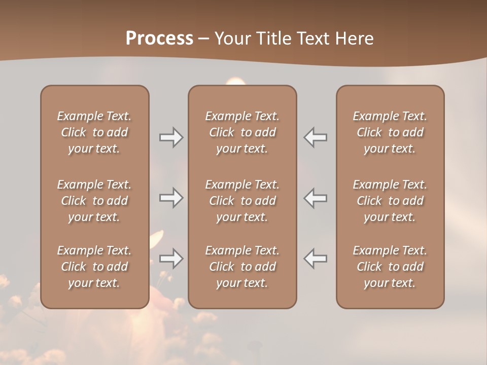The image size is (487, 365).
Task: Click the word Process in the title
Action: [159, 39]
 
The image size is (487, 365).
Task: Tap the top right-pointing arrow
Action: [171, 137]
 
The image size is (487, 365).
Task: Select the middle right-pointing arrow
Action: [171, 198]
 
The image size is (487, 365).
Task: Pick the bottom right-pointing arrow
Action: [171, 259]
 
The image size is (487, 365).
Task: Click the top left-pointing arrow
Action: [316, 137]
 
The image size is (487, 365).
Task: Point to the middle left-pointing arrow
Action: [316, 198]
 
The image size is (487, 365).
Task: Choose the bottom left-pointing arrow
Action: [316, 259]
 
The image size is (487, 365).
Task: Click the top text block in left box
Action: [94, 132]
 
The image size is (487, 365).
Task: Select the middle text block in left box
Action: [94, 201]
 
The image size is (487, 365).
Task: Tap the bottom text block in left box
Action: [94, 267]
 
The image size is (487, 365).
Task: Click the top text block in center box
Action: [242, 132]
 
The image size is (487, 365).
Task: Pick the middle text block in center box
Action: [242, 201]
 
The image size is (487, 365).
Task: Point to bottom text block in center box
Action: [242, 267]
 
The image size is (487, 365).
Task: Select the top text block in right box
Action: [390, 132]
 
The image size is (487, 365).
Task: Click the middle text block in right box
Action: [390, 201]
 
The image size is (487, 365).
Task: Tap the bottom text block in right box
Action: [390, 267]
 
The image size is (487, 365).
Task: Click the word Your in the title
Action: [232, 39]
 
